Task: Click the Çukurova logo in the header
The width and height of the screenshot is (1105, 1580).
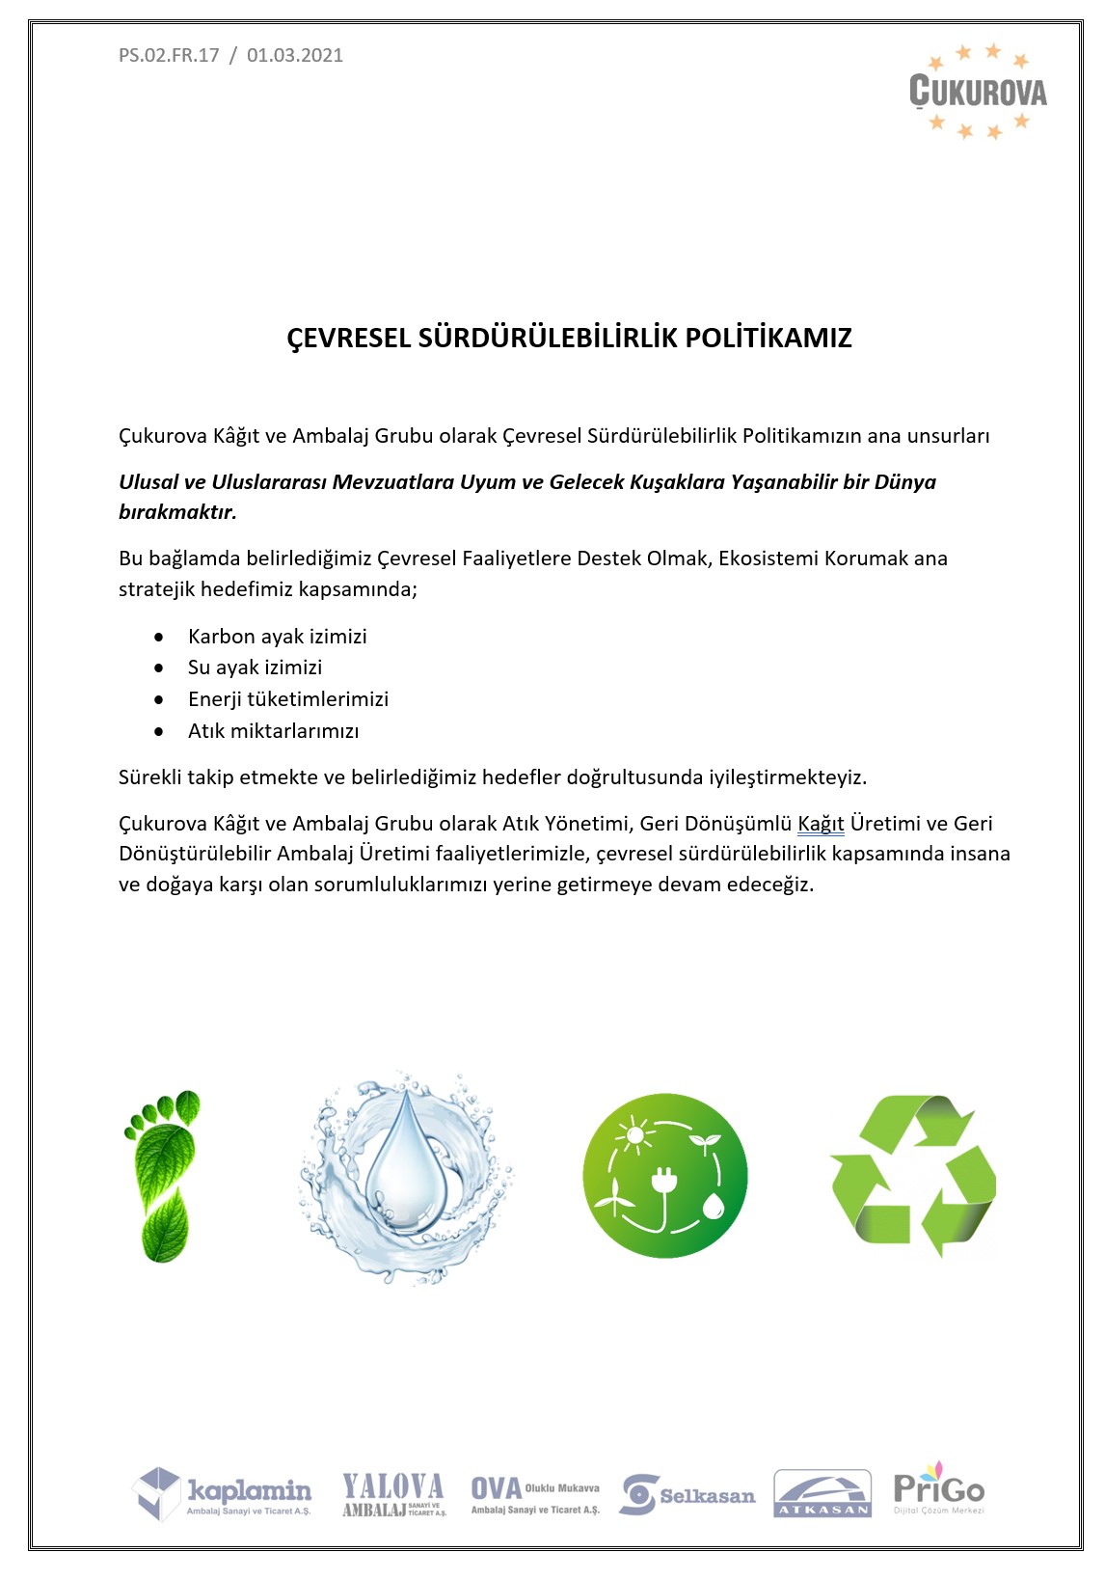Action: click(978, 92)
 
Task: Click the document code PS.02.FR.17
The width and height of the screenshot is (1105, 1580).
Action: click(169, 55)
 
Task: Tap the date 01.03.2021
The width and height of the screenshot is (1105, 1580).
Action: click(295, 55)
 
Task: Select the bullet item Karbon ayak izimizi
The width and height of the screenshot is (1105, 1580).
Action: click(277, 637)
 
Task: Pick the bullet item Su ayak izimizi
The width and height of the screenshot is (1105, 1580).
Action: click(255, 667)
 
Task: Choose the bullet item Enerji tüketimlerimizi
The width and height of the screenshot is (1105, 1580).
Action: click(287, 699)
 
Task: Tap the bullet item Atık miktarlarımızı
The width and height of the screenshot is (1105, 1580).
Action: click(273, 731)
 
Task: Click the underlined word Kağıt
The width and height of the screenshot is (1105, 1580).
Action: click(821, 824)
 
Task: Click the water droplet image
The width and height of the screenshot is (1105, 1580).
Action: click(406, 1176)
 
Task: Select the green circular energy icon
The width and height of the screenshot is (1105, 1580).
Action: click(665, 1176)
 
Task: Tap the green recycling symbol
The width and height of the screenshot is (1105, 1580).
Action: click(912, 1176)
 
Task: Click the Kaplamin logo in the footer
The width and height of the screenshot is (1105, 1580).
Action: click(223, 1493)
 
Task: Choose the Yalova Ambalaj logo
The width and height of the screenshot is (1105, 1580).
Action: click(393, 1495)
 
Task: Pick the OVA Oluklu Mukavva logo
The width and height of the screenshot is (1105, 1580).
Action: click(535, 1495)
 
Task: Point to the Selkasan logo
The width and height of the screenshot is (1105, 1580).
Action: click(687, 1495)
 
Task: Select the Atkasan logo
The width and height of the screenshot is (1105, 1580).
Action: click(822, 1494)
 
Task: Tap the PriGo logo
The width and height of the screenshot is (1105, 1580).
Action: click(938, 1488)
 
